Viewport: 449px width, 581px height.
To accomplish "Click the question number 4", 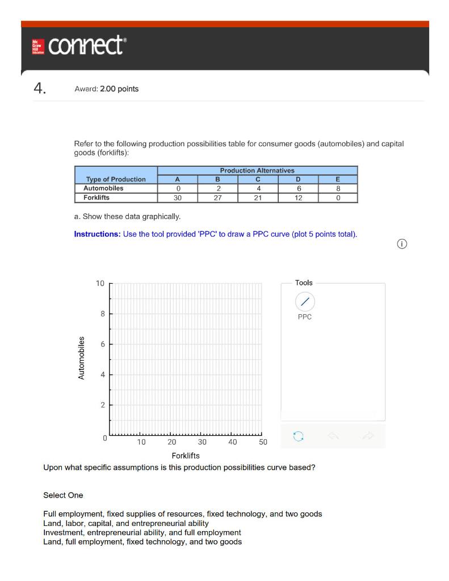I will (39, 89).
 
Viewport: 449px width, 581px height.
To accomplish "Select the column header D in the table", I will (298, 179).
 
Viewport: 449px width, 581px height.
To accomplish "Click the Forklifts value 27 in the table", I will (218, 198).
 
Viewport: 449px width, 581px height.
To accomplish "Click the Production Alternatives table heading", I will (257, 170).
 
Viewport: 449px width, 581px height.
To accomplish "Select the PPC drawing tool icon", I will (305, 301).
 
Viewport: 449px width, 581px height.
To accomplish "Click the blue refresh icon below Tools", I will (298, 436).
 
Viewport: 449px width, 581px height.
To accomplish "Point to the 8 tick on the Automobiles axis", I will (102, 313).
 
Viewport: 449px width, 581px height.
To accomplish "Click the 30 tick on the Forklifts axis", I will (202, 442).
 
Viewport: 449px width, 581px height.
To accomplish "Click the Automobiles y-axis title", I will (81, 359).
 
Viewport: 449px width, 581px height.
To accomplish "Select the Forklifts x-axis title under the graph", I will (186, 456).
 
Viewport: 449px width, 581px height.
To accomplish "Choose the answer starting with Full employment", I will (182, 514).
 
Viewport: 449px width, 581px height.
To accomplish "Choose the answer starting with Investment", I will (142, 533).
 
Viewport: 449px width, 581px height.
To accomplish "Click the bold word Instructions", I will (97, 234).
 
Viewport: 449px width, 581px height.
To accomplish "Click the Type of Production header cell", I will (116, 179).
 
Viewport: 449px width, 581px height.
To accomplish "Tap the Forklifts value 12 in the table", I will (298, 198).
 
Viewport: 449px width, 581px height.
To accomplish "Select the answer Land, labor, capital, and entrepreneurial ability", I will (125, 523).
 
